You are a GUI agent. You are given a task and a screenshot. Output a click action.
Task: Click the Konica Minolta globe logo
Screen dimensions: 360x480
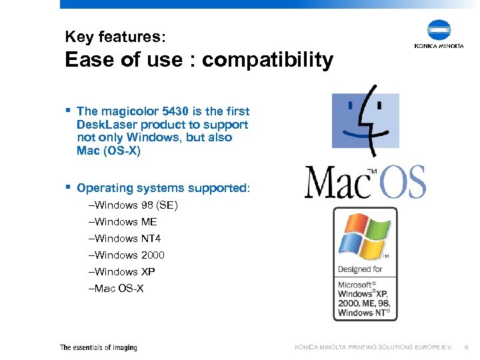[x=439, y=31]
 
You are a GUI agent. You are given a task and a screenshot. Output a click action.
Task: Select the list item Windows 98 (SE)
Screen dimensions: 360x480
[x=133, y=205]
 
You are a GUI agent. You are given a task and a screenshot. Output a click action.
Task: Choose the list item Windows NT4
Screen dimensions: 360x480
[x=124, y=239]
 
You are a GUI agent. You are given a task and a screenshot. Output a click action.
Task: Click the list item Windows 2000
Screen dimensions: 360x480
[x=126, y=255]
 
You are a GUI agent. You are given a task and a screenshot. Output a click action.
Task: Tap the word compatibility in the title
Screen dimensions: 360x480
[x=267, y=60]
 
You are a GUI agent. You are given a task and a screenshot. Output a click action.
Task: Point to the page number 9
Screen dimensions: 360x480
[x=466, y=347]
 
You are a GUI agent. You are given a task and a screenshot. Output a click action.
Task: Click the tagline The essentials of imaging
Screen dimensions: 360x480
[x=98, y=347]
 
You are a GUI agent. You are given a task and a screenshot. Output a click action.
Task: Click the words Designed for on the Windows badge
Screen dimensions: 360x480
[x=360, y=269]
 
